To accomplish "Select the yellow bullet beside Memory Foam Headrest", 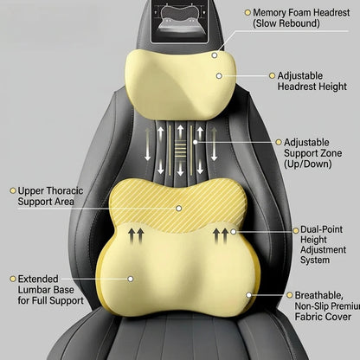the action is [247, 12].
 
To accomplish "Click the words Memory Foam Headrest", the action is [301, 12].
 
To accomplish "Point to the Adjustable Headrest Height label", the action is [312, 81].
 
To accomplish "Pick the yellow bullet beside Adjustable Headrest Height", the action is [272, 75].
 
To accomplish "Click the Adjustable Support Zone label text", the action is [312, 153].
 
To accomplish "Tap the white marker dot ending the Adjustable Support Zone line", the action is [196, 142].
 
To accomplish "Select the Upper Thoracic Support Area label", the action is [50, 196].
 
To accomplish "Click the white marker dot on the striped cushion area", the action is [179, 208].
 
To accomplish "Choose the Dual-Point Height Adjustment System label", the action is [323, 244].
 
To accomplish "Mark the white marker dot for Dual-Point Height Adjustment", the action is [234, 231].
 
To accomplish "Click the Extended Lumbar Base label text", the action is [50, 290].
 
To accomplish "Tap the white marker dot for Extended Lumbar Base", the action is [131, 279].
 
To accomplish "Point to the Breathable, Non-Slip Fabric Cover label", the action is [327, 305].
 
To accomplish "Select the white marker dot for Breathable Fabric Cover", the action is [248, 295].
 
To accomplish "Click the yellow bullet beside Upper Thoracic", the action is [13, 190].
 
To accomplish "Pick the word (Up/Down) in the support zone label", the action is [308, 164].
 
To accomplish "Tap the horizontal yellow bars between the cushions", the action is [181, 148].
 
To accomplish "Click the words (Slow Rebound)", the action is [286, 23].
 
